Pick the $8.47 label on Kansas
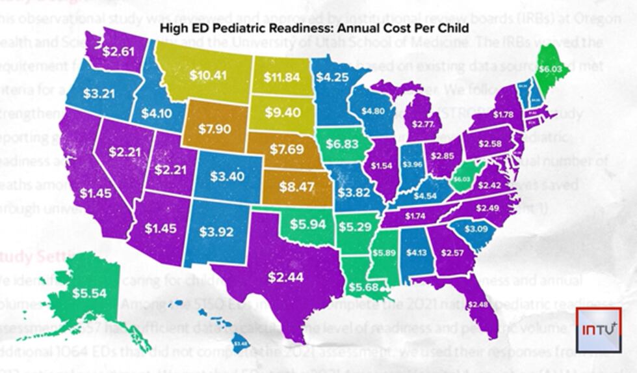point(296,187)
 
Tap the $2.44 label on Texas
point(286,277)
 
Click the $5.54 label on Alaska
point(88,293)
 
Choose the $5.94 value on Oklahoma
point(306,225)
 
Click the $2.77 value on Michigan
point(422,124)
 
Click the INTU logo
point(599,329)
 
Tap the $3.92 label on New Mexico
point(215,231)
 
